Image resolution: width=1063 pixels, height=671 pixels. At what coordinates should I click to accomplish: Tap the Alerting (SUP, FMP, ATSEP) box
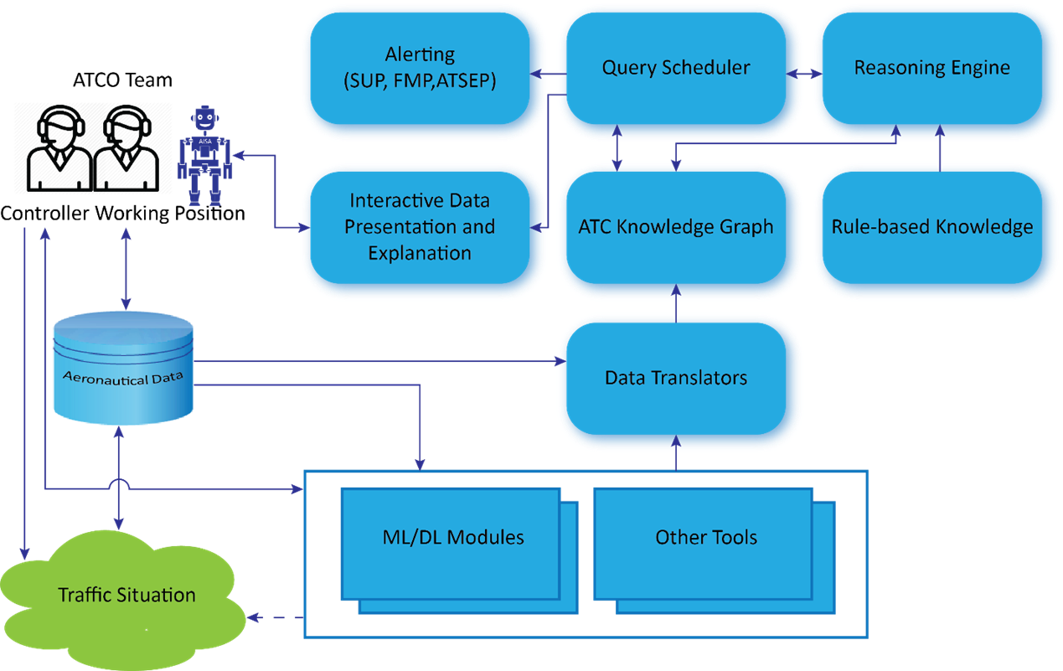(x=420, y=69)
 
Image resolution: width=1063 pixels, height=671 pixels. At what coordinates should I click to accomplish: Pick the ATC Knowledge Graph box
(x=676, y=227)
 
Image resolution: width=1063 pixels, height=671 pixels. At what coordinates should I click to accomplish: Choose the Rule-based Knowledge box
(x=931, y=227)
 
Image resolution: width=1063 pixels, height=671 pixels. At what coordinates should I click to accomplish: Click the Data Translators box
(x=676, y=378)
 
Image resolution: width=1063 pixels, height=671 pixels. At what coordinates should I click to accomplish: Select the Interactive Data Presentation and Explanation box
(x=420, y=227)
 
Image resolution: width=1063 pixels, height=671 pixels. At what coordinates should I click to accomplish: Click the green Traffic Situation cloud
(x=126, y=596)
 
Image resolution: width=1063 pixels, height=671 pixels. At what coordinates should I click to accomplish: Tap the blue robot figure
(x=204, y=155)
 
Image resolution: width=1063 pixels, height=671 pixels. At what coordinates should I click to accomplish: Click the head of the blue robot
(x=205, y=118)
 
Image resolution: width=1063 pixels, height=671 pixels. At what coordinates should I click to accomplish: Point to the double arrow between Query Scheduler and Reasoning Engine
(x=804, y=75)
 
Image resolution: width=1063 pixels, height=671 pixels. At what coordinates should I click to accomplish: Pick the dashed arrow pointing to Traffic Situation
(x=272, y=618)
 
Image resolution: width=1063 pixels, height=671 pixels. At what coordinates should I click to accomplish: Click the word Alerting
(x=420, y=54)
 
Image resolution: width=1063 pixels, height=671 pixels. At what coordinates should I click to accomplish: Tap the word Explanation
(x=420, y=253)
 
